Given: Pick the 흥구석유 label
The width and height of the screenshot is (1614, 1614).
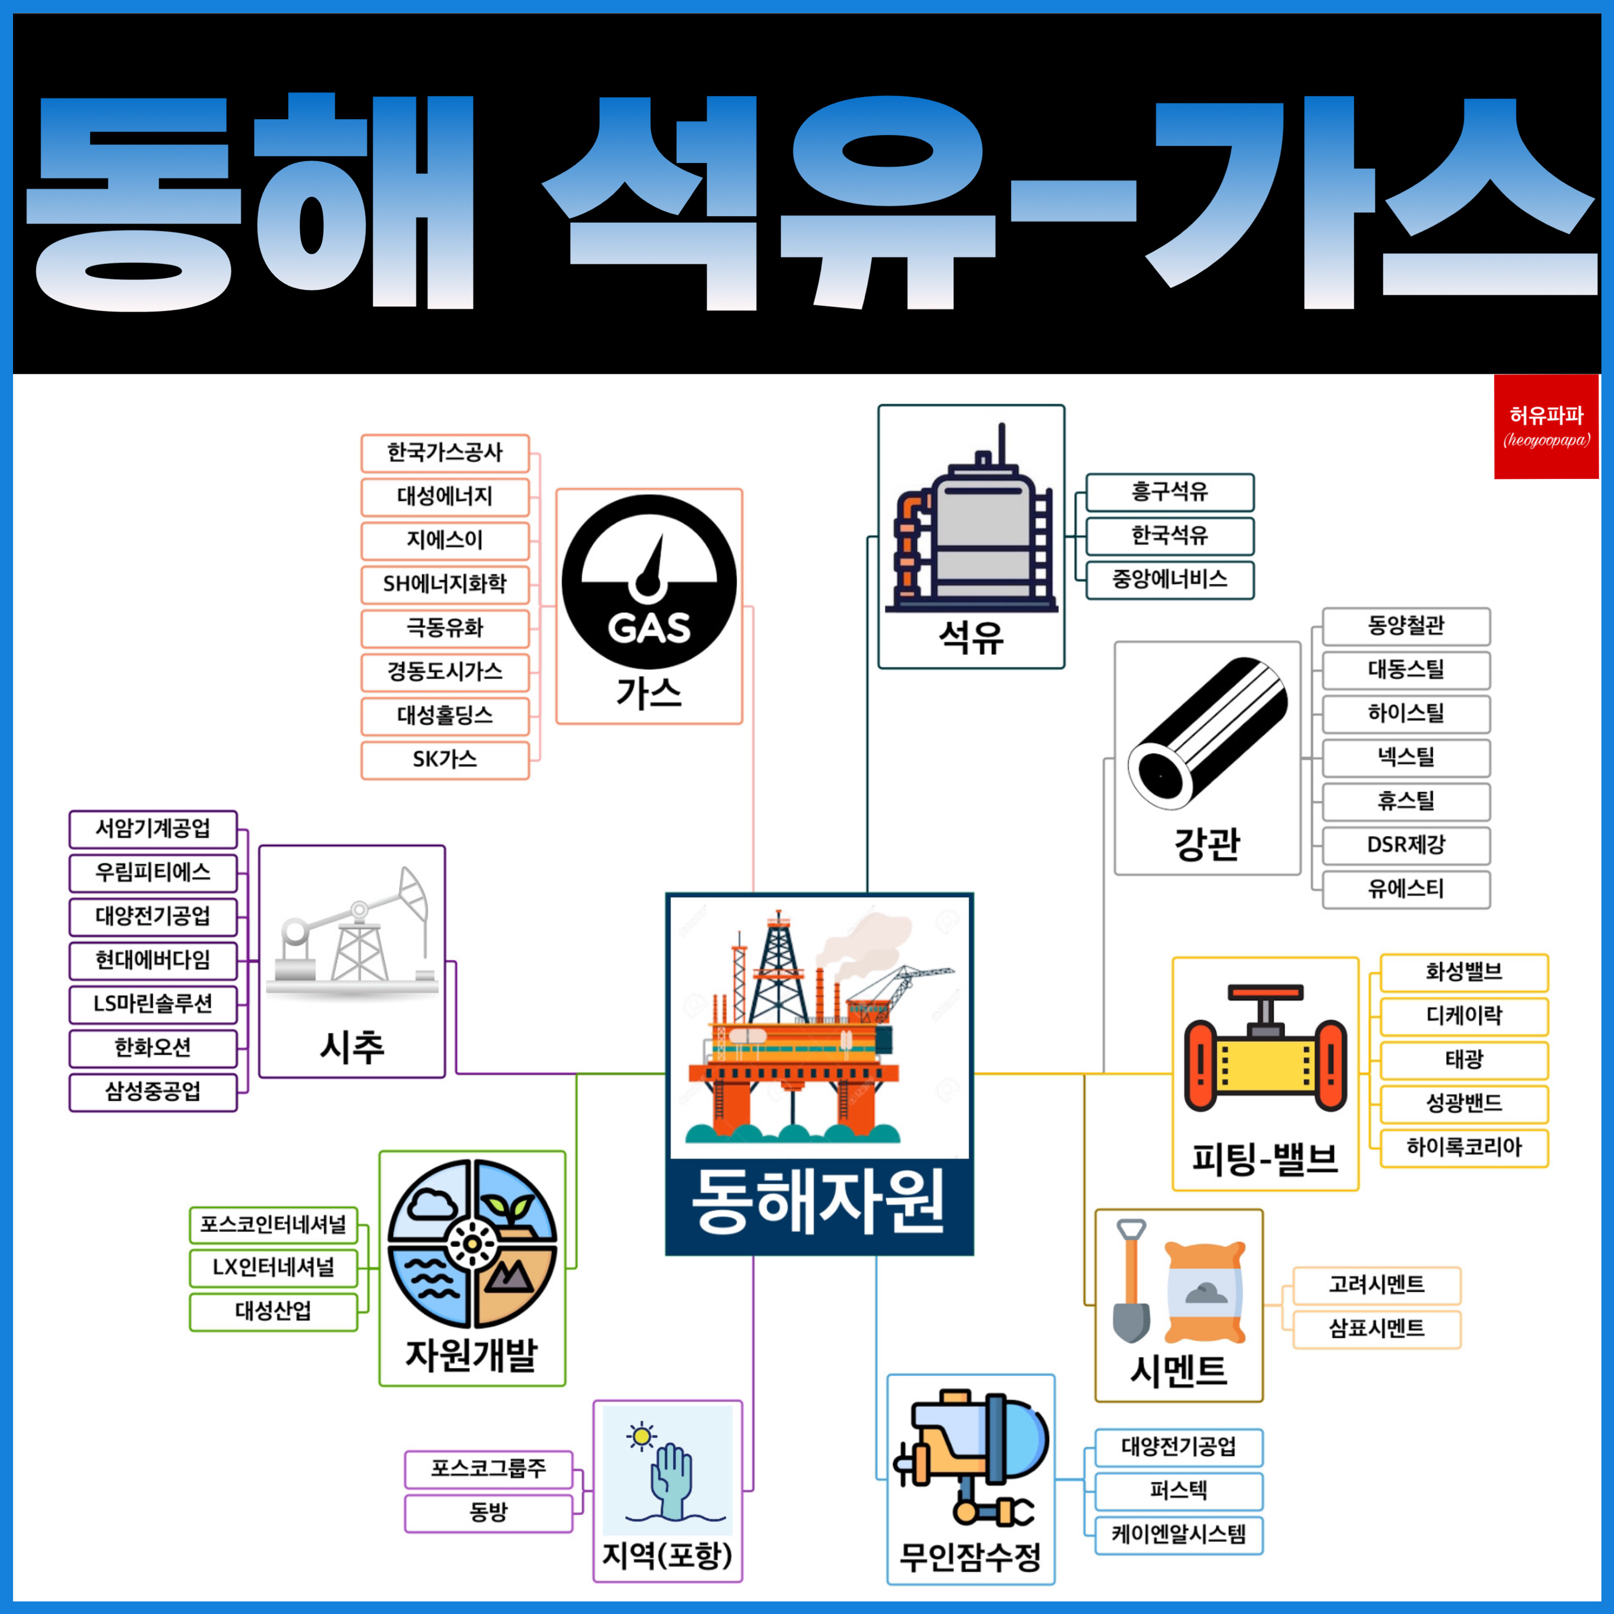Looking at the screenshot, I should [1169, 492].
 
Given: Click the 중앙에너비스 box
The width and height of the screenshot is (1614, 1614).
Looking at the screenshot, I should [1169, 580].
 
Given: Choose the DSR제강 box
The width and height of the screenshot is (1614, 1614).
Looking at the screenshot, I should [1406, 845].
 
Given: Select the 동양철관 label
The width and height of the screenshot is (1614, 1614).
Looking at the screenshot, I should [1406, 626].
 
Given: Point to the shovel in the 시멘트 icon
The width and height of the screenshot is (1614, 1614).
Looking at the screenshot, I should [1131, 1282].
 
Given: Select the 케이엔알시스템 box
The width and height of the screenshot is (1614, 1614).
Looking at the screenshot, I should [1178, 1535].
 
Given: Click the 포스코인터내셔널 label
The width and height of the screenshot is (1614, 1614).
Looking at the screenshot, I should [273, 1224].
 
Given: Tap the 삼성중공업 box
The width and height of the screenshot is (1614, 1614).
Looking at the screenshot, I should [153, 1092].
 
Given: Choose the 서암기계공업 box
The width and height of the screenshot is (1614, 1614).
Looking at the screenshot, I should [153, 829].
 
